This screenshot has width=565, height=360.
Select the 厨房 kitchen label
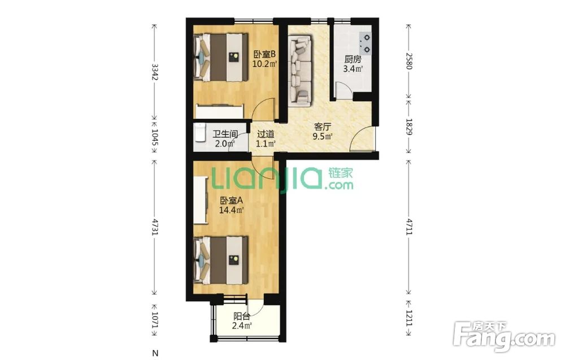(353, 59)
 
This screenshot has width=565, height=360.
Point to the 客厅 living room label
(322, 127)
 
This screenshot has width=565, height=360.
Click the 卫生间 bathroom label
(225, 135)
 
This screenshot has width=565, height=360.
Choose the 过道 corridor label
(266, 135)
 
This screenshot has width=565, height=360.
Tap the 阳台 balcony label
(241, 316)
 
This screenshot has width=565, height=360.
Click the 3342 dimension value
(155, 72)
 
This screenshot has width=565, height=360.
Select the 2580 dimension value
(409, 60)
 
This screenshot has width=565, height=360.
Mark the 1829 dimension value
(409, 127)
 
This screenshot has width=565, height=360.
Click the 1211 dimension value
(409, 318)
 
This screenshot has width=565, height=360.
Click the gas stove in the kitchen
(365, 44)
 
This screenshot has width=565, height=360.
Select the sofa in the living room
(300, 71)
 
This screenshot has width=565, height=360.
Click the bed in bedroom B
(221, 57)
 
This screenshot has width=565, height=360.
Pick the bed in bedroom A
(221, 260)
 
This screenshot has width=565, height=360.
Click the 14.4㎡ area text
(231, 209)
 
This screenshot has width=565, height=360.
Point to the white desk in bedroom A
(201, 200)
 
